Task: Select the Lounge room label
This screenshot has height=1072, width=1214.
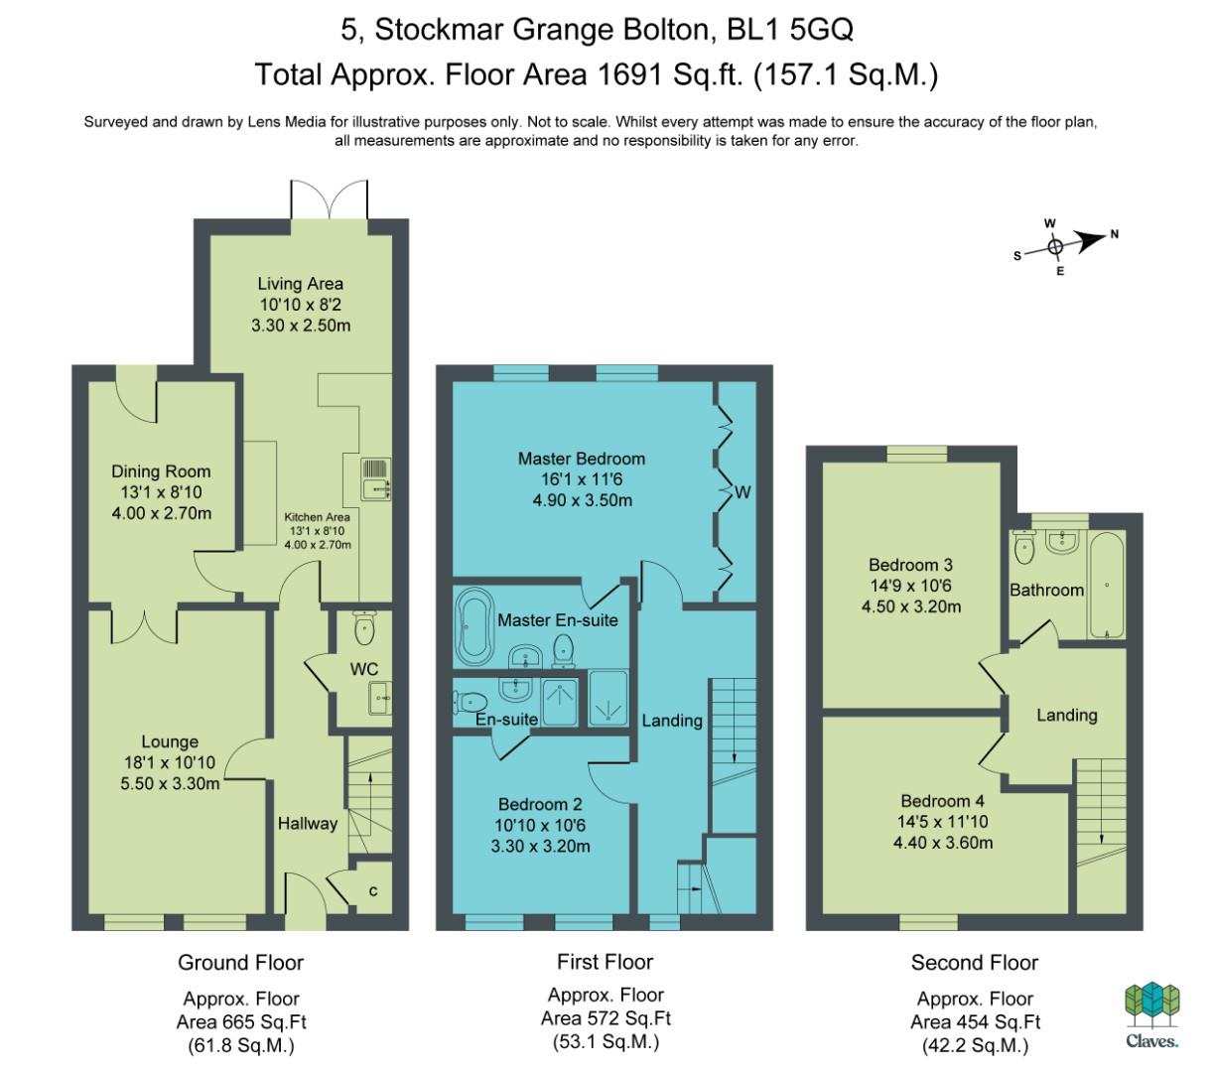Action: coord(170,742)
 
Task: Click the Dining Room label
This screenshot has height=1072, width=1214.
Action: coord(161,472)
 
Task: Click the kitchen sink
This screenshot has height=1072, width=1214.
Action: coord(375,478)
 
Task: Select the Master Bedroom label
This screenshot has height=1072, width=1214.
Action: coord(582,459)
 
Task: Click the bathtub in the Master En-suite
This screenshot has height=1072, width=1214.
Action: coord(475,627)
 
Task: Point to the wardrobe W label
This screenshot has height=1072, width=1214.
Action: coord(742,492)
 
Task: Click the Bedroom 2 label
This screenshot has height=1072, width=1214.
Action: coord(540,805)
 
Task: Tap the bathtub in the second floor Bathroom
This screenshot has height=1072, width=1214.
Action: coord(1106,585)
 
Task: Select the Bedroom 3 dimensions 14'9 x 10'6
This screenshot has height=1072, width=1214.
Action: coord(910,586)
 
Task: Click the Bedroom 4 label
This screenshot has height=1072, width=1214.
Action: coord(943,801)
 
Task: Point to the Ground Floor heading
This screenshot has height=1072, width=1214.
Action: coord(240,963)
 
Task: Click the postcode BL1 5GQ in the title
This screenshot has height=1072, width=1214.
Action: coord(790,30)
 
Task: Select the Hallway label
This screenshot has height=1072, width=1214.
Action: coord(308,824)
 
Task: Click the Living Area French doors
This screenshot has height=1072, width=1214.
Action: coord(329,201)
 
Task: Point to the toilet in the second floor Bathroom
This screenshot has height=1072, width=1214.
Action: coord(1023,546)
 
